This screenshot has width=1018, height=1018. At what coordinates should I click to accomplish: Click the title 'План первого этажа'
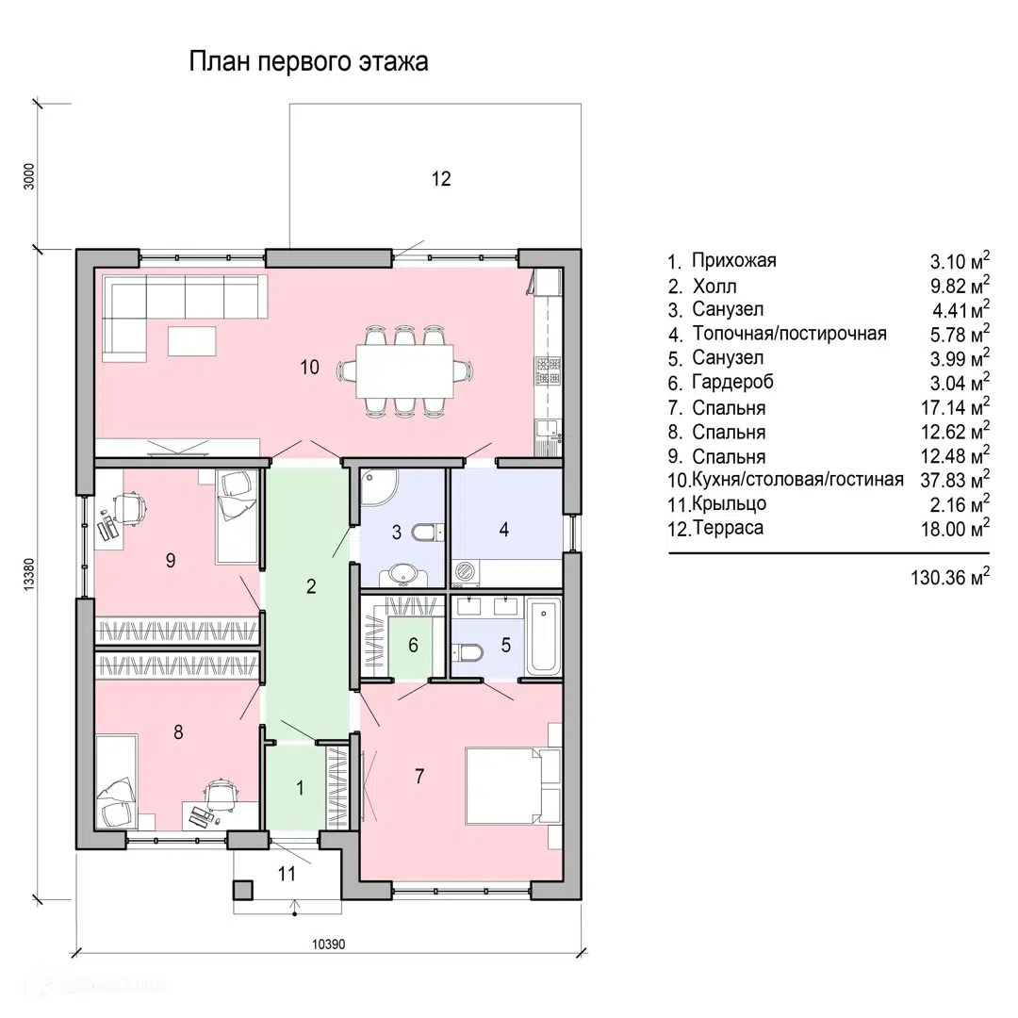coord(308,63)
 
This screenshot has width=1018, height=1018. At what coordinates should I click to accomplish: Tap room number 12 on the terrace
coord(441,178)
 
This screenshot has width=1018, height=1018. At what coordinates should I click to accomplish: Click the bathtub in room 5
coord(542,636)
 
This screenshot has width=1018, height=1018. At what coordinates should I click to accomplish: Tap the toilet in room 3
coord(426,534)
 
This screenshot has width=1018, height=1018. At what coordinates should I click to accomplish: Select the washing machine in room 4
coord(466,572)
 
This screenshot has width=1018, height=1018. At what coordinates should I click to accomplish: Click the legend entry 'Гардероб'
coord(728,383)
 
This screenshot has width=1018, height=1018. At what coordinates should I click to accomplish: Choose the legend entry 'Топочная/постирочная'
coord(789,334)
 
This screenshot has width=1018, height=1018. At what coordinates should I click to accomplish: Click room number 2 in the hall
coord(310,586)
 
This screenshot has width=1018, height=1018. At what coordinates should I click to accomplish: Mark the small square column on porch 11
coord(243,888)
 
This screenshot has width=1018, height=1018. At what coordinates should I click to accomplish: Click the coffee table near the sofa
coord(191,339)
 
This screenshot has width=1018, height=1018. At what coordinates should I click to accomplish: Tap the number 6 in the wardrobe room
coord(413,646)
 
